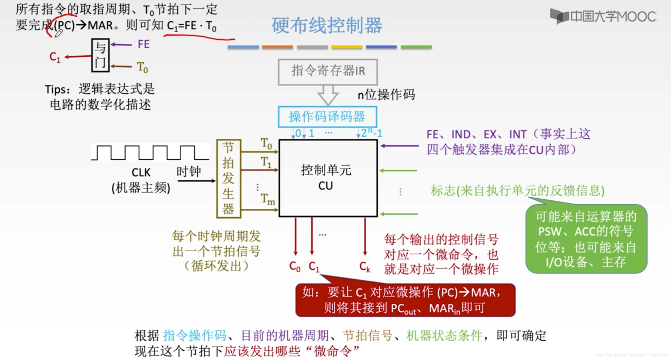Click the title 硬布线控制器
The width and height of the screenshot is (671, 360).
pyautogui.click(x=326, y=25)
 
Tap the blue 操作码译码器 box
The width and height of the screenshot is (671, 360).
pyautogui.click(x=327, y=117)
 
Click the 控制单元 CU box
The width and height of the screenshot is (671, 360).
pyautogui.click(x=328, y=178)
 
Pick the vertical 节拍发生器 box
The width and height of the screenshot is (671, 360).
pyautogui.click(x=228, y=179)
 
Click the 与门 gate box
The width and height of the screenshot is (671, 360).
pyautogui.click(x=100, y=55)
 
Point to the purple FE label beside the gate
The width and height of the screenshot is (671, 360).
pyautogui.click(x=143, y=44)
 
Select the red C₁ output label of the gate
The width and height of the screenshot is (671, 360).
pyautogui.click(x=55, y=57)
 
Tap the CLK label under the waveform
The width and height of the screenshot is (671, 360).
pyautogui.click(x=141, y=172)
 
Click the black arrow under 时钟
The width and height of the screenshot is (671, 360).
pyautogui.click(x=196, y=181)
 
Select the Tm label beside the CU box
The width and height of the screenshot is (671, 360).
pyautogui.click(x=267, y=199)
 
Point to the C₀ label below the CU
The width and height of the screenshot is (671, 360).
pyautogui.click(x=295, y=267)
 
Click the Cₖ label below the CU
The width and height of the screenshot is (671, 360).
pyautogui.click(x=365, y=267)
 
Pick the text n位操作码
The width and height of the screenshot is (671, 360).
pyautogui.click(x=386, y=95)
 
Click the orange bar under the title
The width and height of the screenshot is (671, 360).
pyautogui.click(x=277, y=47)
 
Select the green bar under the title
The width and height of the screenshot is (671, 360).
pyautogui.click(x=416, y=47)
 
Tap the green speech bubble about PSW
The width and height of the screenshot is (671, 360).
pyautogui.click(x=586, y=239)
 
